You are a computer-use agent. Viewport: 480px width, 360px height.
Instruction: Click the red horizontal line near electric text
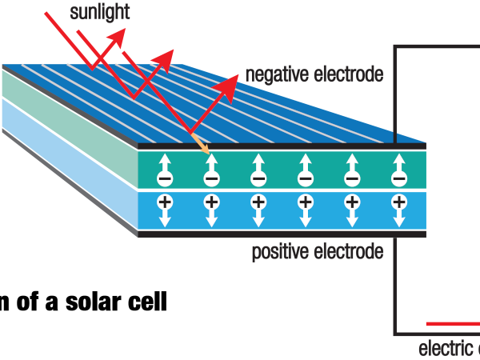[x=452, y=324]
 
